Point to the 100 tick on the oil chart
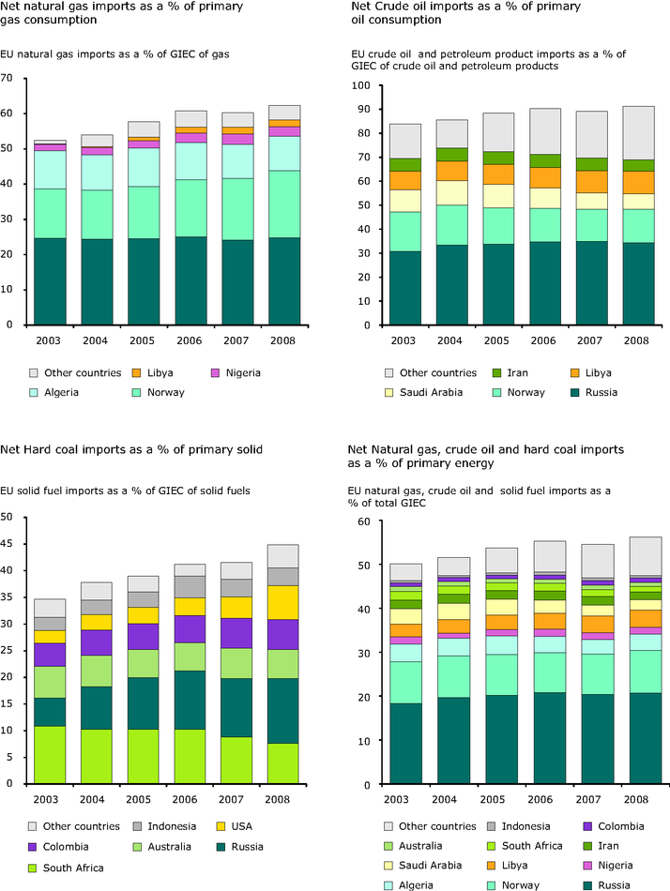click(x=358, y=85)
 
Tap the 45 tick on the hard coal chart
click(x=8, y=543)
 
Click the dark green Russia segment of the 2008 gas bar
click(x=284, y=281)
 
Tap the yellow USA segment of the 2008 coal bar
click(x=284, y=602)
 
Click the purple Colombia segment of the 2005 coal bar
click(x=144, y=636)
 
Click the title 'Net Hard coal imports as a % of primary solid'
click(x=132, y=450)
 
